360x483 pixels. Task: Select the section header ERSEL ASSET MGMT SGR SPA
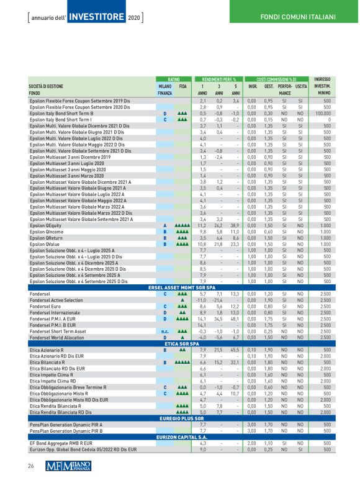click(179, 288)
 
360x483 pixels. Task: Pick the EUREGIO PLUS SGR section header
click(179, 402)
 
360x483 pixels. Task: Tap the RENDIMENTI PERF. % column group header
click(219, 79)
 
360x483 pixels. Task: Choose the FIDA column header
click(182, 86)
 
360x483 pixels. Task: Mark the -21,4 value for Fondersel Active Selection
click(218, 300)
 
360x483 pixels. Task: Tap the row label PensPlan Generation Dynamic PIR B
click(66, 413)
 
